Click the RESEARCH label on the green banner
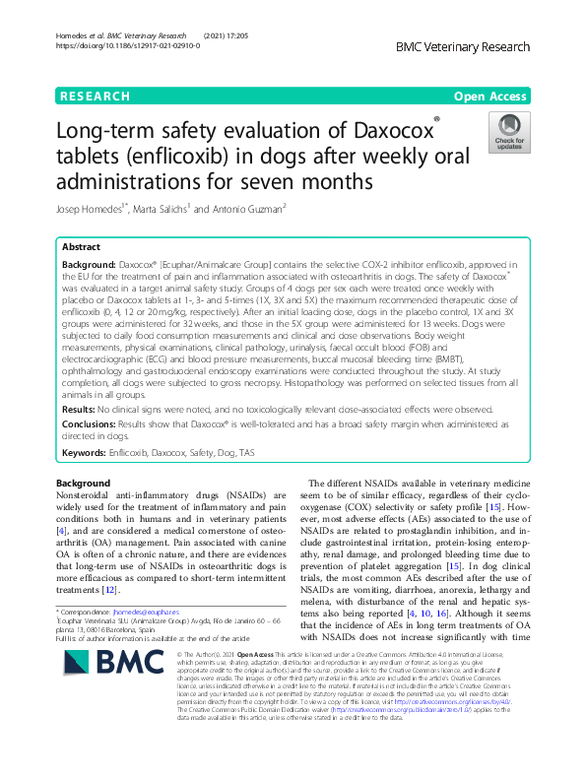pos(95,97)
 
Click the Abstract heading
pos(81,248)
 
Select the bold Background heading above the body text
pos(84,484)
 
